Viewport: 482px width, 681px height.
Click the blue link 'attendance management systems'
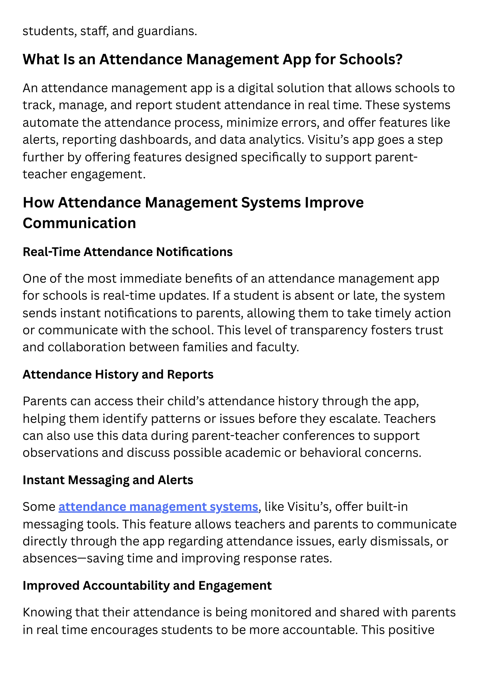pyautogui.click(x=158, y=507)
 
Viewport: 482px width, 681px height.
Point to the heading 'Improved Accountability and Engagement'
pyautogui.click(x=147, y=585)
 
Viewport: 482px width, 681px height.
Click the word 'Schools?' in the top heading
pyautogui.click(x=371, y=59)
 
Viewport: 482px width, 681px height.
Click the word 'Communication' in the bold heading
pyautogui.click(x=79, y=223)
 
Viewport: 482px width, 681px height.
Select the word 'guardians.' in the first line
pyautogui.click(x=167, y=31)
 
